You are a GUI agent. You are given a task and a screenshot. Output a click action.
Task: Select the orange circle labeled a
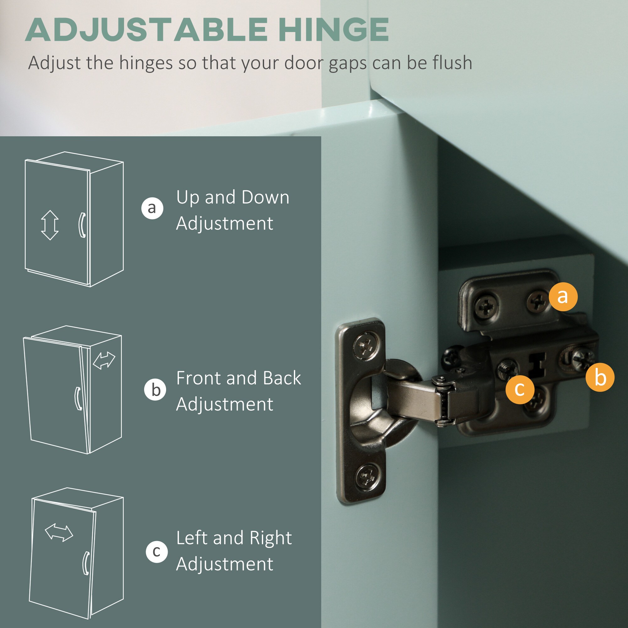pyautogui.click(x=563, y=296)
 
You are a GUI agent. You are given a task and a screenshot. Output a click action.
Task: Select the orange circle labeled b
pyautogui.click(x=600, y=377)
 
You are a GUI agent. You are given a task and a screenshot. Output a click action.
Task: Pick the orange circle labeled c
pyautogui.click(x=520, y=389)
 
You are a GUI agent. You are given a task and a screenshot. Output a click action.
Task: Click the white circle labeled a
pyautogui.click(x=152, y=208)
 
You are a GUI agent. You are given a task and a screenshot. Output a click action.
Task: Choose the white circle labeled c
pyautogui.click(x=157, y=552)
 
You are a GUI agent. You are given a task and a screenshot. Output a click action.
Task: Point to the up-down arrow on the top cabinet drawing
pyautogui.click(x=50, y=225)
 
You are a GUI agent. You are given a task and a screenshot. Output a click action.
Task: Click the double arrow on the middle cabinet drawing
pyautogui.click(x=104, y=361)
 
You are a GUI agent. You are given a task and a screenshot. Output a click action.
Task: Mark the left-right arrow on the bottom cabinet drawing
pyautogui.click(x=59, y=533)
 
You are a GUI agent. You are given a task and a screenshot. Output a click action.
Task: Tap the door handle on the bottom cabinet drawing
pyautogui.click(x=86, y=563)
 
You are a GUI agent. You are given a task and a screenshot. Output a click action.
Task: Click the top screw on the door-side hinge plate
pyautogui.click(x=366, y=345)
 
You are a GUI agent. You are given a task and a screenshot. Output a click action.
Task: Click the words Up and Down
pyautogui.click(x=233, y=197)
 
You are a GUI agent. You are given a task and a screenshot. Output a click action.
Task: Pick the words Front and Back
pyautogui.click(x=239, y=378)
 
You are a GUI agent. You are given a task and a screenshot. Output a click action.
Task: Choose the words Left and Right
pyautogui.click(x=234, y=538)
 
